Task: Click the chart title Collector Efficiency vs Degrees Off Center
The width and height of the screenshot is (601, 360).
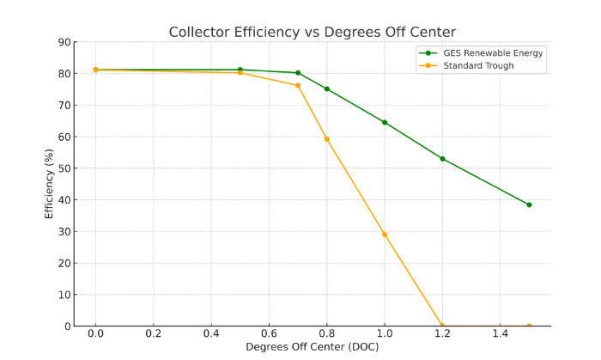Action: click(312, 33)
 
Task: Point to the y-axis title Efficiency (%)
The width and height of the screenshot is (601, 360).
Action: click(49, 184)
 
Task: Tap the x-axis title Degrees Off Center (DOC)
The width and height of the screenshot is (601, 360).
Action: click(312, 347)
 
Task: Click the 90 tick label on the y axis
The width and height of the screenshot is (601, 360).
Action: click(64, 42)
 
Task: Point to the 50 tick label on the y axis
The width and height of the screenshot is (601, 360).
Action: click(64, 168)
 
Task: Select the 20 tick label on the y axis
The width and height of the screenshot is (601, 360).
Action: click(64, 263)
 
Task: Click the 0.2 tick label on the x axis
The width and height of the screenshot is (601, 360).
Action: click(154, 333)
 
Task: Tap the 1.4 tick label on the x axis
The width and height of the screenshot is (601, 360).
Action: click(500, 333)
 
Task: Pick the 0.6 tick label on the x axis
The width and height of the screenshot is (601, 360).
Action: click(269, 333)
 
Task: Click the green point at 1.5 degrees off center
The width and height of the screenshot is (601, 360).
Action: click(529, 204)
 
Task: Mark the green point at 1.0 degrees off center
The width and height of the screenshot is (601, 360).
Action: click(385, 122)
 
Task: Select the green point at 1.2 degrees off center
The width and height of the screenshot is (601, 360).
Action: click(442, 158)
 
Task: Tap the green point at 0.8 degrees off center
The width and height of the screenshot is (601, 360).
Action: click(326, 88)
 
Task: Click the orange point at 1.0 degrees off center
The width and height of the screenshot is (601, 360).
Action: click(385, 235)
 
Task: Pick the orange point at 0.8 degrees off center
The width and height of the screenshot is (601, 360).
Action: click(326, 139)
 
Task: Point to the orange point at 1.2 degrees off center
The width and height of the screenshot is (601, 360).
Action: click(442, 326)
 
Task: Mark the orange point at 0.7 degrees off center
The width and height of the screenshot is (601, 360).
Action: click(298, 85)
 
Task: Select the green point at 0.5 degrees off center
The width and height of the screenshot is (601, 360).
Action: click(240, 70)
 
